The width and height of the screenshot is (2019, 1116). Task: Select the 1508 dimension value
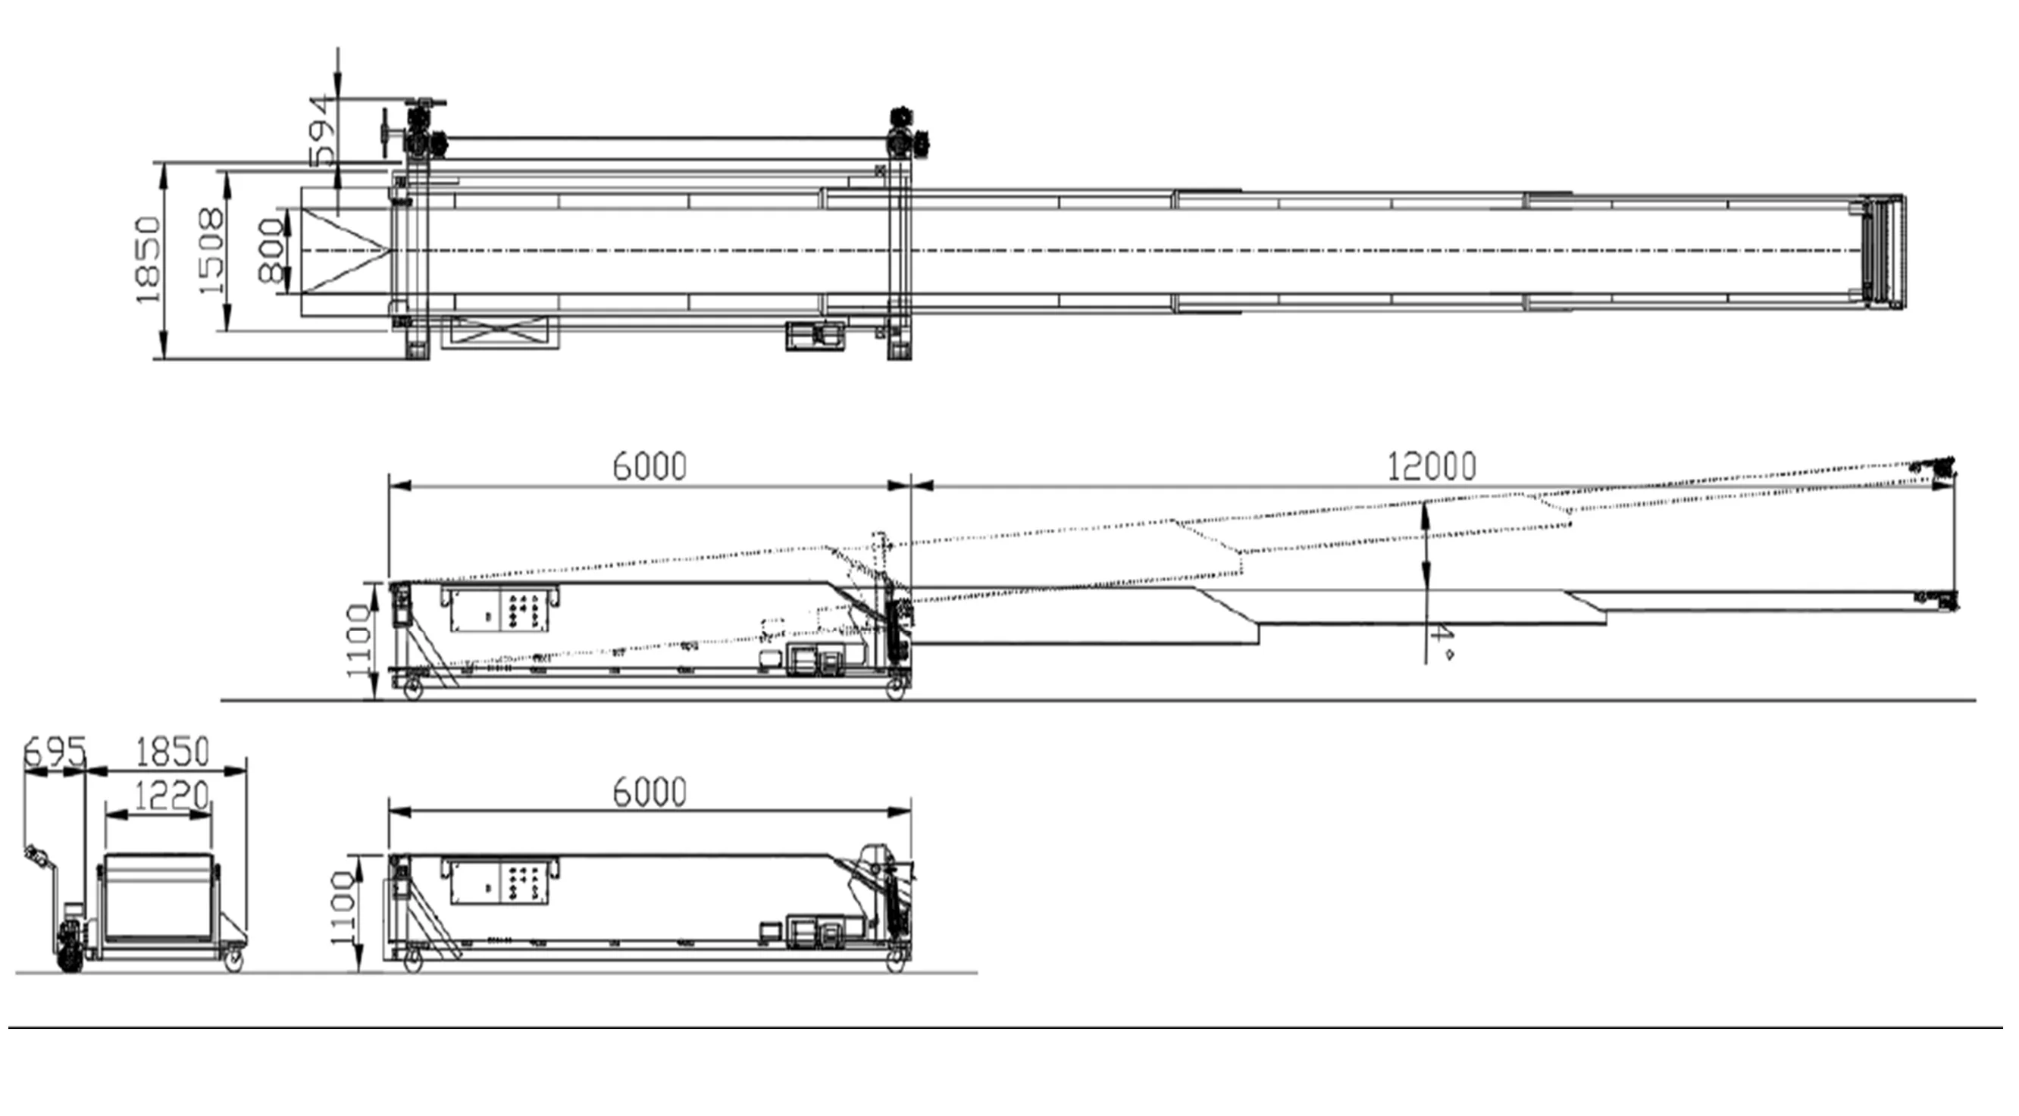pyautogui.click(x=211, y=251)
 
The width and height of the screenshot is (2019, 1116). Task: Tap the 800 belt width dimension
pyautogui.click(x=270, y=251)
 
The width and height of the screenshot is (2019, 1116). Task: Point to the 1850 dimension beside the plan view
pyautogui.click(x=148, y=260)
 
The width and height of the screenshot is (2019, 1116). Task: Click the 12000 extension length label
pyautogui.click(x=1431, y=466)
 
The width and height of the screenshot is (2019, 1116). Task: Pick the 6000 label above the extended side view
pyautogui.click(x=649, y=466)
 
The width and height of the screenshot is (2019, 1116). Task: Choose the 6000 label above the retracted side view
pyautogui.click(x=649, y=792)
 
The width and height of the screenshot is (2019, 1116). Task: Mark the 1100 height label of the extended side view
pyautogui.click(x=358, y=641)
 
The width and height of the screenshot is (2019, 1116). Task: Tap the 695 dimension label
pyautogui.click(x=53, y=753)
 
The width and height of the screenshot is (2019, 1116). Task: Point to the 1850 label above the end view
pyautogui.click(x=173, y=752)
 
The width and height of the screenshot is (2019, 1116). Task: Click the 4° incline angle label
pyautogui.click(x=1442, y=644)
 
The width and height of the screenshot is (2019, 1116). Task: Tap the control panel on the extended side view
pyautogui.click(x=500, y=608)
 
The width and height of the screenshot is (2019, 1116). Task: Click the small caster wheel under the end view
pyautogui.click(x=233, y=961)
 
